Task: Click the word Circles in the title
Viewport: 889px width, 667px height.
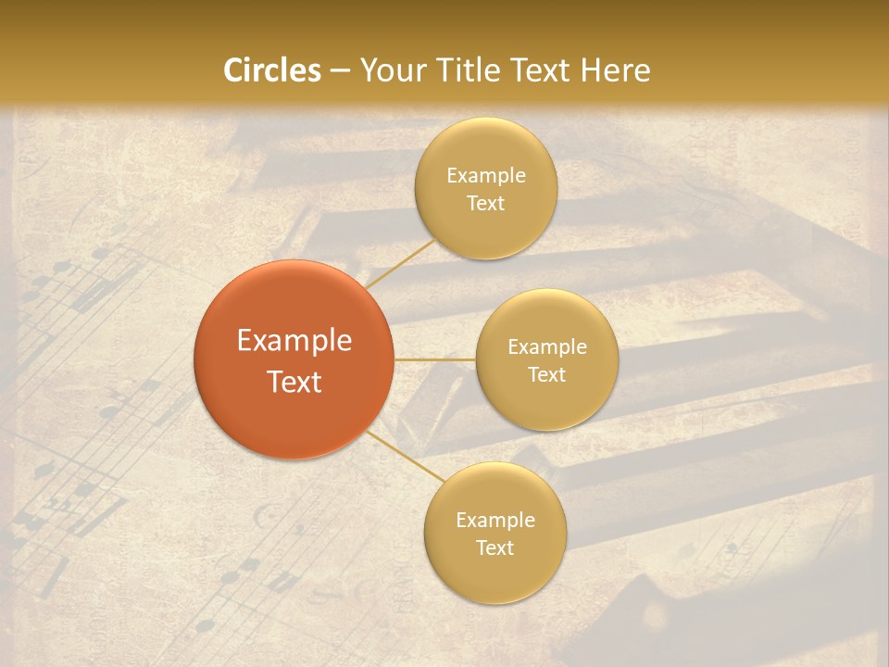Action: (271, 70)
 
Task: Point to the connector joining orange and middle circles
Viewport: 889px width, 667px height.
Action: (434, 359)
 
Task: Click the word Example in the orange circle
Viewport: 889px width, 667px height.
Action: (294, 341)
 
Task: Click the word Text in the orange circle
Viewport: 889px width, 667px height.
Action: (294, 382)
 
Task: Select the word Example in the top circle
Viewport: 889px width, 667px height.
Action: (486, 176)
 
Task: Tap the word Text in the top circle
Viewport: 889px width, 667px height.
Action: (485, 204)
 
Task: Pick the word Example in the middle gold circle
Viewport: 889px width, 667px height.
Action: (547, 347)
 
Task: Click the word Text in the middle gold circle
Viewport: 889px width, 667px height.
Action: (546, 375)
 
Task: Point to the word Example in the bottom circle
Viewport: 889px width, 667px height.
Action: (495, 521)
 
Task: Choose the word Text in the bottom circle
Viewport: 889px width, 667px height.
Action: (495, 548)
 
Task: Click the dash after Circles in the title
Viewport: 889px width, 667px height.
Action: (339, 71)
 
